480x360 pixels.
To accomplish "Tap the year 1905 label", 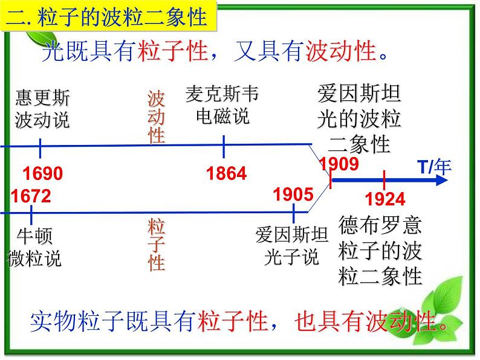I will pos(293,194).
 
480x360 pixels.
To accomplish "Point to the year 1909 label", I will pos(339,164).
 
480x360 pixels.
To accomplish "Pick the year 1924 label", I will pos(386,199).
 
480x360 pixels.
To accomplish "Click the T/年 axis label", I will pos(434,167).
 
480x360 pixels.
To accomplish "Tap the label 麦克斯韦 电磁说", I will pos(222,105).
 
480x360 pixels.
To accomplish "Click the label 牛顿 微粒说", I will pos(35,248).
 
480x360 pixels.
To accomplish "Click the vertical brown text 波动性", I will pos(156,117).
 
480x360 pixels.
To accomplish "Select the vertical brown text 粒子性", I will pos(156,245).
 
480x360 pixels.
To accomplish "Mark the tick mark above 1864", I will pos(224,146).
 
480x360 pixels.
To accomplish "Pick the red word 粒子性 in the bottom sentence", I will pos(233,322).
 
